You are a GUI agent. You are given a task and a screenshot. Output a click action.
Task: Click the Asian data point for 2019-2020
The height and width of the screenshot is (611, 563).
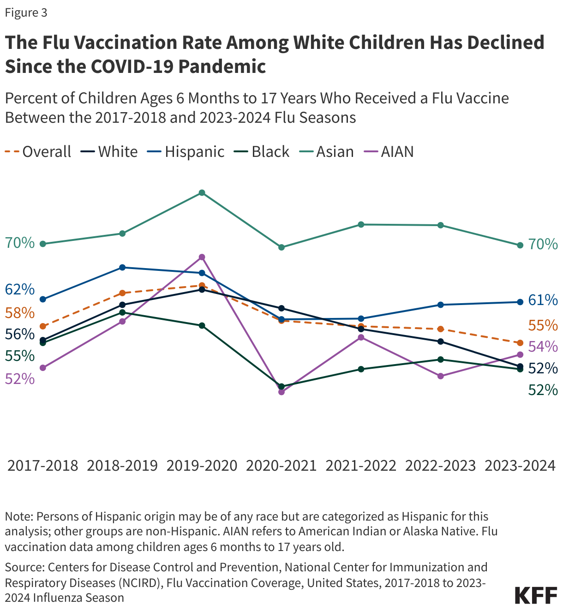(202, 192)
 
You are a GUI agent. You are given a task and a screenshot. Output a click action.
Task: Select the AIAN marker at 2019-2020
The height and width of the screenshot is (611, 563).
(202, 257)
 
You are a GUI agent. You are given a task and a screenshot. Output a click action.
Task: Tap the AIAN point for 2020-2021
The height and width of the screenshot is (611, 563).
(281, 392)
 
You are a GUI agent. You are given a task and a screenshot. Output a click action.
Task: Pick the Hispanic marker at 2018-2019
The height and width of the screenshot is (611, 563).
(122, 268)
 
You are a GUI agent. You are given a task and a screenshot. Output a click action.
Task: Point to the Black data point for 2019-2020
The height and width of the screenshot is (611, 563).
(202, 326)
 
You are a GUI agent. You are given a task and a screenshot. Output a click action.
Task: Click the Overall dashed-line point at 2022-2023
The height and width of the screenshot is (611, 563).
(440, 329)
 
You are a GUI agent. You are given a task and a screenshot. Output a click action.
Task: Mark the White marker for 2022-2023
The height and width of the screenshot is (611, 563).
(440, 341)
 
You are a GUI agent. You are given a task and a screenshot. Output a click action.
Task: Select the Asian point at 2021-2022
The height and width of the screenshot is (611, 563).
(361, 225)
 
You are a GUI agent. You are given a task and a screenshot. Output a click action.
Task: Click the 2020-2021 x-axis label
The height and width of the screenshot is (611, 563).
(281, 465)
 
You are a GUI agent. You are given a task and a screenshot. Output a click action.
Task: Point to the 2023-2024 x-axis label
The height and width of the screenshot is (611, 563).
(520, 465)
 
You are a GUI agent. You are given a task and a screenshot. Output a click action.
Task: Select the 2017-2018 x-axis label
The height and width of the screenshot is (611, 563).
(43, 465)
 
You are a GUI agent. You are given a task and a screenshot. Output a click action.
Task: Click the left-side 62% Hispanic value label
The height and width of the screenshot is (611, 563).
(20, 290)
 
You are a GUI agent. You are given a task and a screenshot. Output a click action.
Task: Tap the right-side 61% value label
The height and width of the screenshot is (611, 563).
(543, 300)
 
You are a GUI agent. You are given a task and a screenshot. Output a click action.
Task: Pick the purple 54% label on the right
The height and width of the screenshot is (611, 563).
(543, 347)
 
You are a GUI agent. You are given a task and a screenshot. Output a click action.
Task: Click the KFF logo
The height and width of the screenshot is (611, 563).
(535, 595)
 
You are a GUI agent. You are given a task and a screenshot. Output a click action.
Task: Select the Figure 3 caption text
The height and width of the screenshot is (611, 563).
(26, 13)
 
